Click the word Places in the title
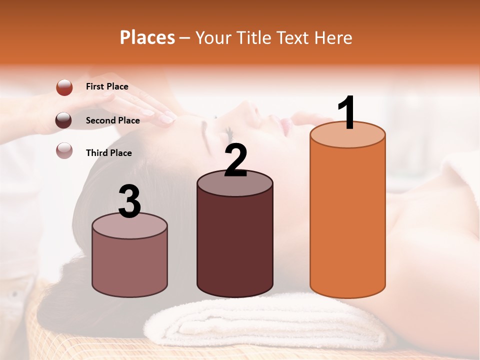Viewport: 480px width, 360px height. point(147,37)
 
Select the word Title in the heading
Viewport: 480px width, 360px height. point(254,37)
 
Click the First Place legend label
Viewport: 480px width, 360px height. point(107,86)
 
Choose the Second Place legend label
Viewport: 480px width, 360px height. point(112,120)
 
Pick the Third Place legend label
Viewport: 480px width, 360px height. point(108,153)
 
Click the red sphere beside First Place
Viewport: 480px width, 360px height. point(64,87)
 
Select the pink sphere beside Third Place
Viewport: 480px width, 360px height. point(64,150)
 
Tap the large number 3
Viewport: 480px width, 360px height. point(129,201)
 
